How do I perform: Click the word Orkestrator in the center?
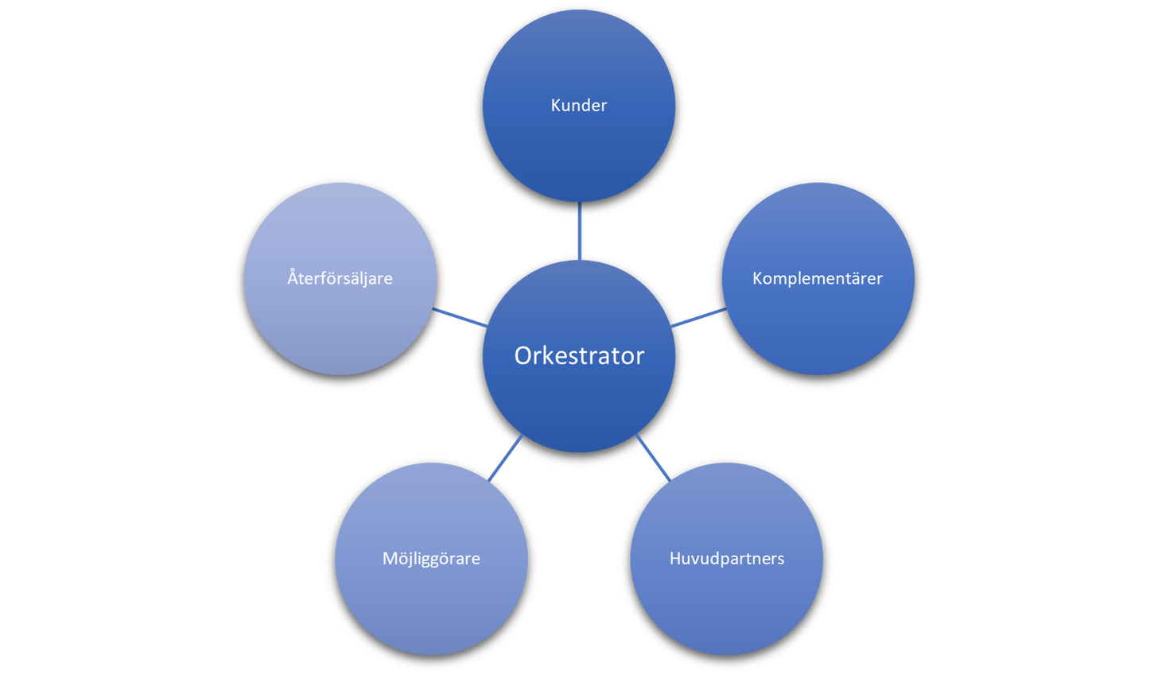point(579,355)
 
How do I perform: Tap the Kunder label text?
point(579,105)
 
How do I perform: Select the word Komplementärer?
point(818,278)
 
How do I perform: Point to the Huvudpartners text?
point(727,558)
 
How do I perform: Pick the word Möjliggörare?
point(431,558)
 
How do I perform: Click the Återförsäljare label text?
point(340,278)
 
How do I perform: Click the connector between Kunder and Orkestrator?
point(579,230)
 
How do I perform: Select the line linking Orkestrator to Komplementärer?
point(698,317)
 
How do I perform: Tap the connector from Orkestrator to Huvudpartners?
point(653,457)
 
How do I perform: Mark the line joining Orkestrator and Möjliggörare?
point(506,457)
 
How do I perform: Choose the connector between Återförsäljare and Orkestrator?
point(460,317)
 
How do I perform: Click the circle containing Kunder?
point(579,151)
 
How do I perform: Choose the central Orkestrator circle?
point(579,405)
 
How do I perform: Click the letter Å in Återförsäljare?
point(293,277)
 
